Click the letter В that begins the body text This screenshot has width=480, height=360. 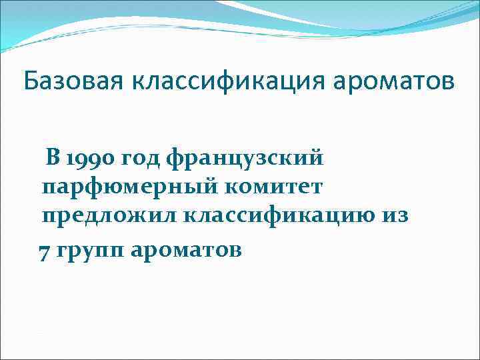(x=53, y=158)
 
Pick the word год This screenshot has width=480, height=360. (x=140, y=160)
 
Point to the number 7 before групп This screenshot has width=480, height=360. (x=44, y=252)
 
